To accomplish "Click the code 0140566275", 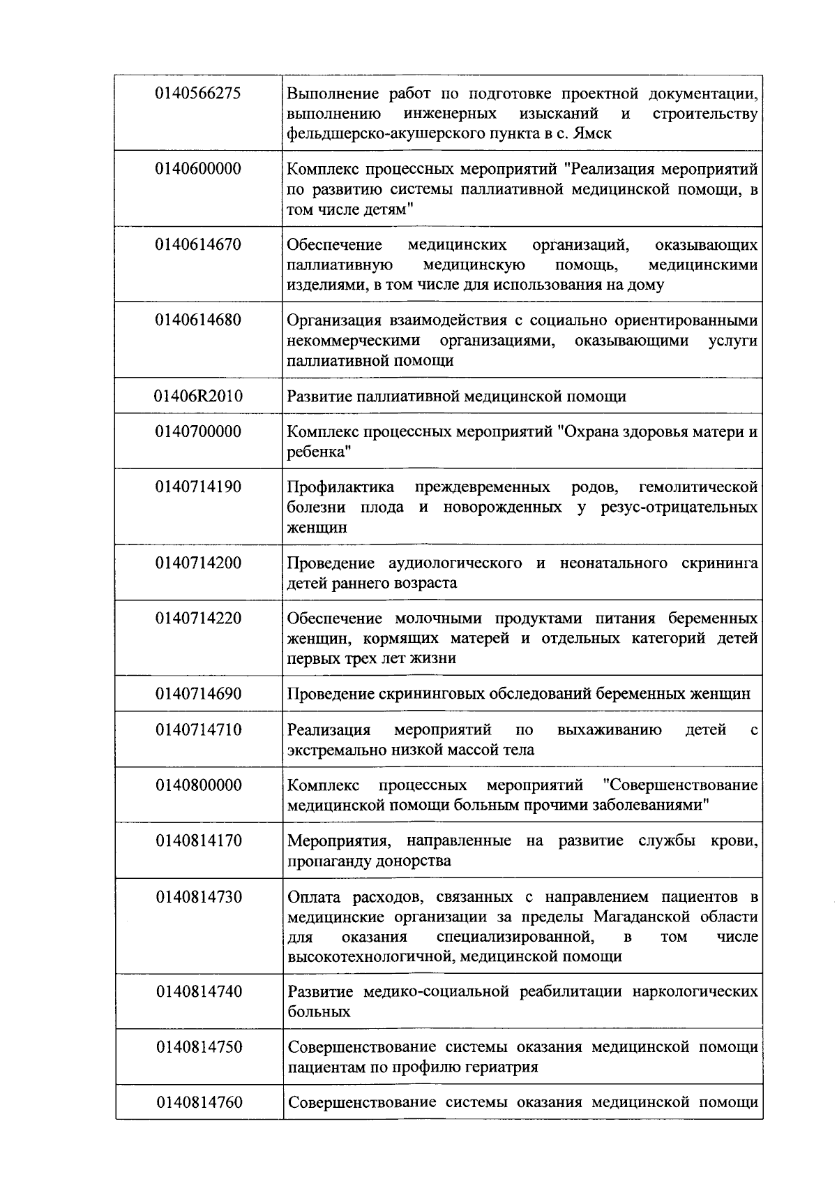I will coord(198,93).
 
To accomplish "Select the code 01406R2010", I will coord(198,397).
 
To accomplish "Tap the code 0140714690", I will coord(198,693).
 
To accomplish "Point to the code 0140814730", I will coord(198,896).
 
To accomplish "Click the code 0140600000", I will coord(198,168).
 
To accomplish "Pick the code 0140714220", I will coord(198,618).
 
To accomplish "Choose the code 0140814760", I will coord(198,1102).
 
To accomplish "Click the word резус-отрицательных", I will coord(679,507).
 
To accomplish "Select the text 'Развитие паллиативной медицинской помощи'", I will coord(456,397).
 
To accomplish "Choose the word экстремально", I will coord(333,750).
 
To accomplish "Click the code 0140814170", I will coord(198,840).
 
